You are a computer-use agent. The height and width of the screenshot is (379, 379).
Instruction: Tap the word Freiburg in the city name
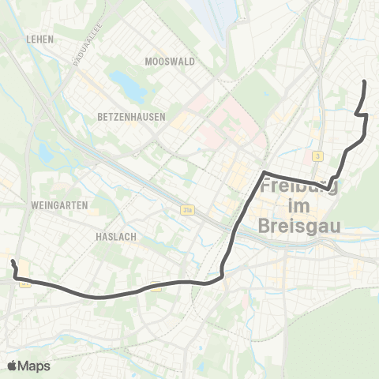304,188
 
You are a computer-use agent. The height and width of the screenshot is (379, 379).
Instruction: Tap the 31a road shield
186,210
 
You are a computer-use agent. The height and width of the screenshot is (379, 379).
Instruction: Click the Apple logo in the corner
13,365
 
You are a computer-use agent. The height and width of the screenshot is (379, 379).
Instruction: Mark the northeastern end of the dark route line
363,81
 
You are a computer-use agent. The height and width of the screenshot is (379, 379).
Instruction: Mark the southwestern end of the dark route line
13,261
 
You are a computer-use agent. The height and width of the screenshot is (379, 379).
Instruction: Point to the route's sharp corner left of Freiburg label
264,172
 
